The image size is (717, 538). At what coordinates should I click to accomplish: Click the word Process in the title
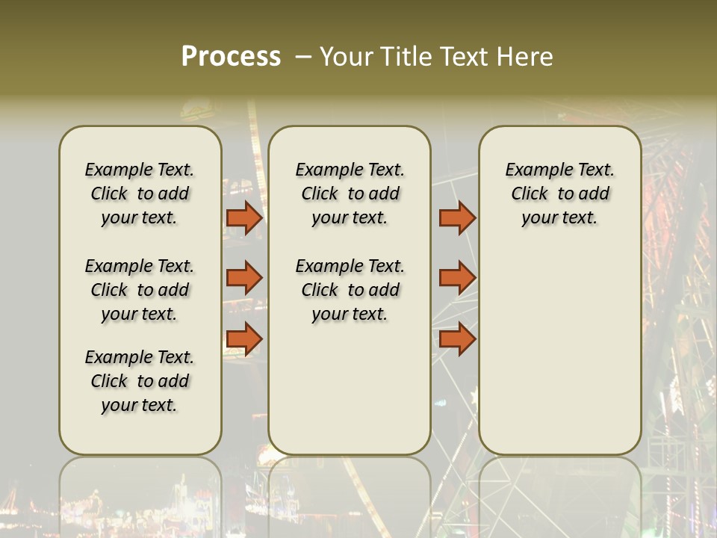point(231,57)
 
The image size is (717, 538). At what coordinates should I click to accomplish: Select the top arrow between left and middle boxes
point(244,218)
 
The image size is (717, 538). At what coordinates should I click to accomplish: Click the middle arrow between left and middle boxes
point(244,278)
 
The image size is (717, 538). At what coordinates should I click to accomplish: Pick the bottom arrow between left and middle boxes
point(244,339)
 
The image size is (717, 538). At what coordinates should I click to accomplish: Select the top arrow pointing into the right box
point(457,218)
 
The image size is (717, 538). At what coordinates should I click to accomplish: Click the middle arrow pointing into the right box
point(457,278)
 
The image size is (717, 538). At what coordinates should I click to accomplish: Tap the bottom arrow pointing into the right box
point(457,339)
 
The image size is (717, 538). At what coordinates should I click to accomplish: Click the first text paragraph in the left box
point(140,194)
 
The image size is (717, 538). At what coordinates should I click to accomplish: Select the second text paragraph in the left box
point(140,290)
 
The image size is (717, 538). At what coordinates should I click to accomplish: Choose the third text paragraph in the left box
point(140,381)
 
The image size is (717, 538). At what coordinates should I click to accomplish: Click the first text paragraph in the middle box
point(350,194)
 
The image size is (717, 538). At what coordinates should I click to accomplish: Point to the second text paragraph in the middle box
point(350,290)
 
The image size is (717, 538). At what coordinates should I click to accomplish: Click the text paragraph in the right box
point(560,194)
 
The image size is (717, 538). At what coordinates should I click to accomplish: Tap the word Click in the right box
point(530,194)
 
